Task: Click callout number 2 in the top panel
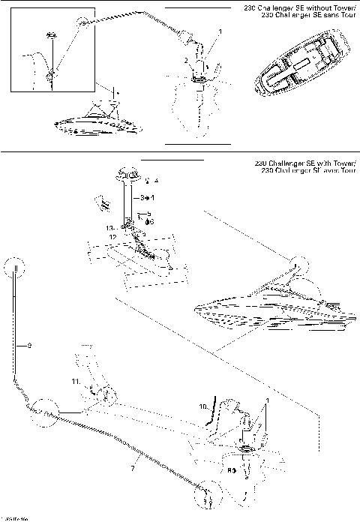186,60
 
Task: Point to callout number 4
156,181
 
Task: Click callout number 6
151,222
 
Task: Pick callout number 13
109,227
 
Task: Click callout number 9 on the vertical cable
28,346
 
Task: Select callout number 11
76,382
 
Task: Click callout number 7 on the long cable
133,469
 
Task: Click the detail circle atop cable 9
15,266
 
